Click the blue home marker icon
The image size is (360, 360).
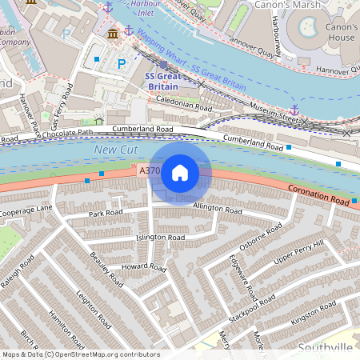click(180, 172)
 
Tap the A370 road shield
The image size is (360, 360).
click(149, 171)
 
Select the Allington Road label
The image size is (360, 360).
click(217, 209)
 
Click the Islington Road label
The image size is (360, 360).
click(160, 238)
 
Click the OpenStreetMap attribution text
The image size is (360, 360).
click(80, 354)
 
